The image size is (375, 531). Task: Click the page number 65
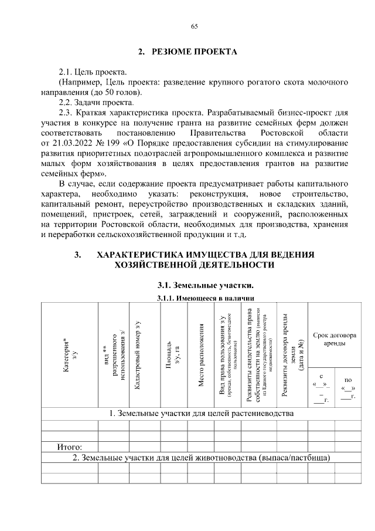[x=194, y=26]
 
